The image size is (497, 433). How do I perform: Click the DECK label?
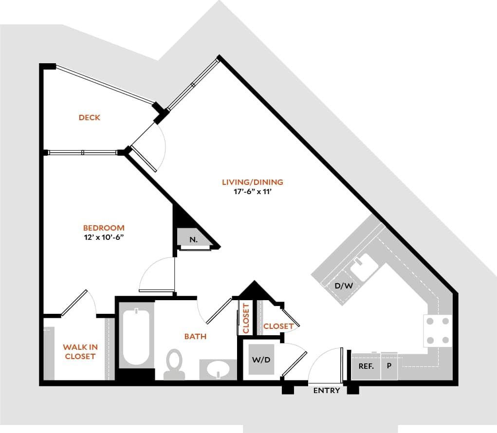pyautogui.click(x=90, y=117)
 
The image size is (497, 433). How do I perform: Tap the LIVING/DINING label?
pyautogui.click(x=252, y=182)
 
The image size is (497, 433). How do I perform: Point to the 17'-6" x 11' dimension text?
pyautogui.click(x=252, y=192)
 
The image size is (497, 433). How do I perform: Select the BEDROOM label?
pyautogui.click(x=104, y=228)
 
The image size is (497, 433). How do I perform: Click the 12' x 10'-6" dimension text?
pyautogui.click(x=104, y=237)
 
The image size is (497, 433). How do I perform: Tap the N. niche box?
pyautogui.click(x=193, y=239)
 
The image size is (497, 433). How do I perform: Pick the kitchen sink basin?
pyautogui.click(x=362, y=267)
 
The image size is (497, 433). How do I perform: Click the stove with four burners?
pyautogui.click(x=438, y=331)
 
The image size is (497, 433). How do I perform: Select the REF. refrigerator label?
pyautogui.click(x=366, y=366)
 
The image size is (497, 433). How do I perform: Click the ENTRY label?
pyautogui.click(x=327, y=390)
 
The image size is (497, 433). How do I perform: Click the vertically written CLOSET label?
pyautogui.click(x=246, y=319)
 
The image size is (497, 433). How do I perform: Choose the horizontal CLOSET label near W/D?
pyautogui.click(x=278, y=326)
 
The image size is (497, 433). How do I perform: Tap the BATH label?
pyautogui.click(x=195, y=336)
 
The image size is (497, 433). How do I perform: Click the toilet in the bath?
pyautogui.click(x=174, y=363)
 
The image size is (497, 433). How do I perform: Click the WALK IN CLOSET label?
pyautogui.click(x=80, y=352)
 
